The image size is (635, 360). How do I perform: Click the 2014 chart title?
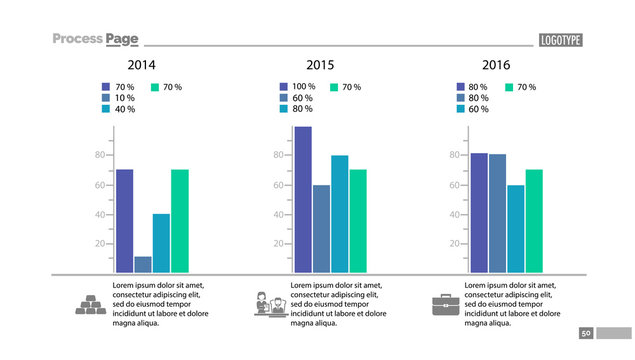(141, 65)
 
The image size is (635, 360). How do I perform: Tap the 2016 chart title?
(495, 65)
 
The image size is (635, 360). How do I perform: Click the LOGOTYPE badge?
(560, 40)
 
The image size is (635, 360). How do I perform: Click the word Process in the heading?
(78, 39)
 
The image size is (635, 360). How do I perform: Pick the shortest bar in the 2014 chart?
(143, 264)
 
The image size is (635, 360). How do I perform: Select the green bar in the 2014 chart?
(179, 221)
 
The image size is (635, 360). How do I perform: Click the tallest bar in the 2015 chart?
(302, 199)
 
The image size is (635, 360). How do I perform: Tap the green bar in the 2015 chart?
(357, 221)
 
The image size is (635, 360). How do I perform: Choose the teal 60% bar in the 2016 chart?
(515, 228)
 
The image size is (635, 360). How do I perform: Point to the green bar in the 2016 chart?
(534, 221)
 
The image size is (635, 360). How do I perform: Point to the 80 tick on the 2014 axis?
(100, 155)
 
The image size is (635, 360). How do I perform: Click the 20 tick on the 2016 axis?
(455, 244)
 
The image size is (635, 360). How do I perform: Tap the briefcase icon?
(442, 304)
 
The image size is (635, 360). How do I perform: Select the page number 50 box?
(586, 333)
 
